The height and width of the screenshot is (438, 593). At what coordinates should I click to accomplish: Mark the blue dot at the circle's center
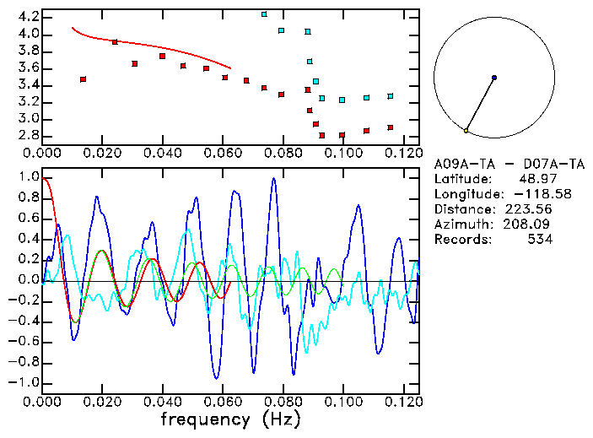[494, 78]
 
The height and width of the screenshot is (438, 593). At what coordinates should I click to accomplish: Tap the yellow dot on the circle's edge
[466, 131]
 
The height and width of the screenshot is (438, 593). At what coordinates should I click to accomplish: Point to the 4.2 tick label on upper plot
[28, 17]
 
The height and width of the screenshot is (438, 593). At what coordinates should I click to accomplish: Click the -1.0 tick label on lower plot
[24, 382]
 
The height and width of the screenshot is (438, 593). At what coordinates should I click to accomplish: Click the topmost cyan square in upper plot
[264, 14]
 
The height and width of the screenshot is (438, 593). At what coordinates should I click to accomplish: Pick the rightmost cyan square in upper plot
[391, 96]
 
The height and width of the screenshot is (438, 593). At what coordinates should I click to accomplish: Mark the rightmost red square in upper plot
[391, 127]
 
